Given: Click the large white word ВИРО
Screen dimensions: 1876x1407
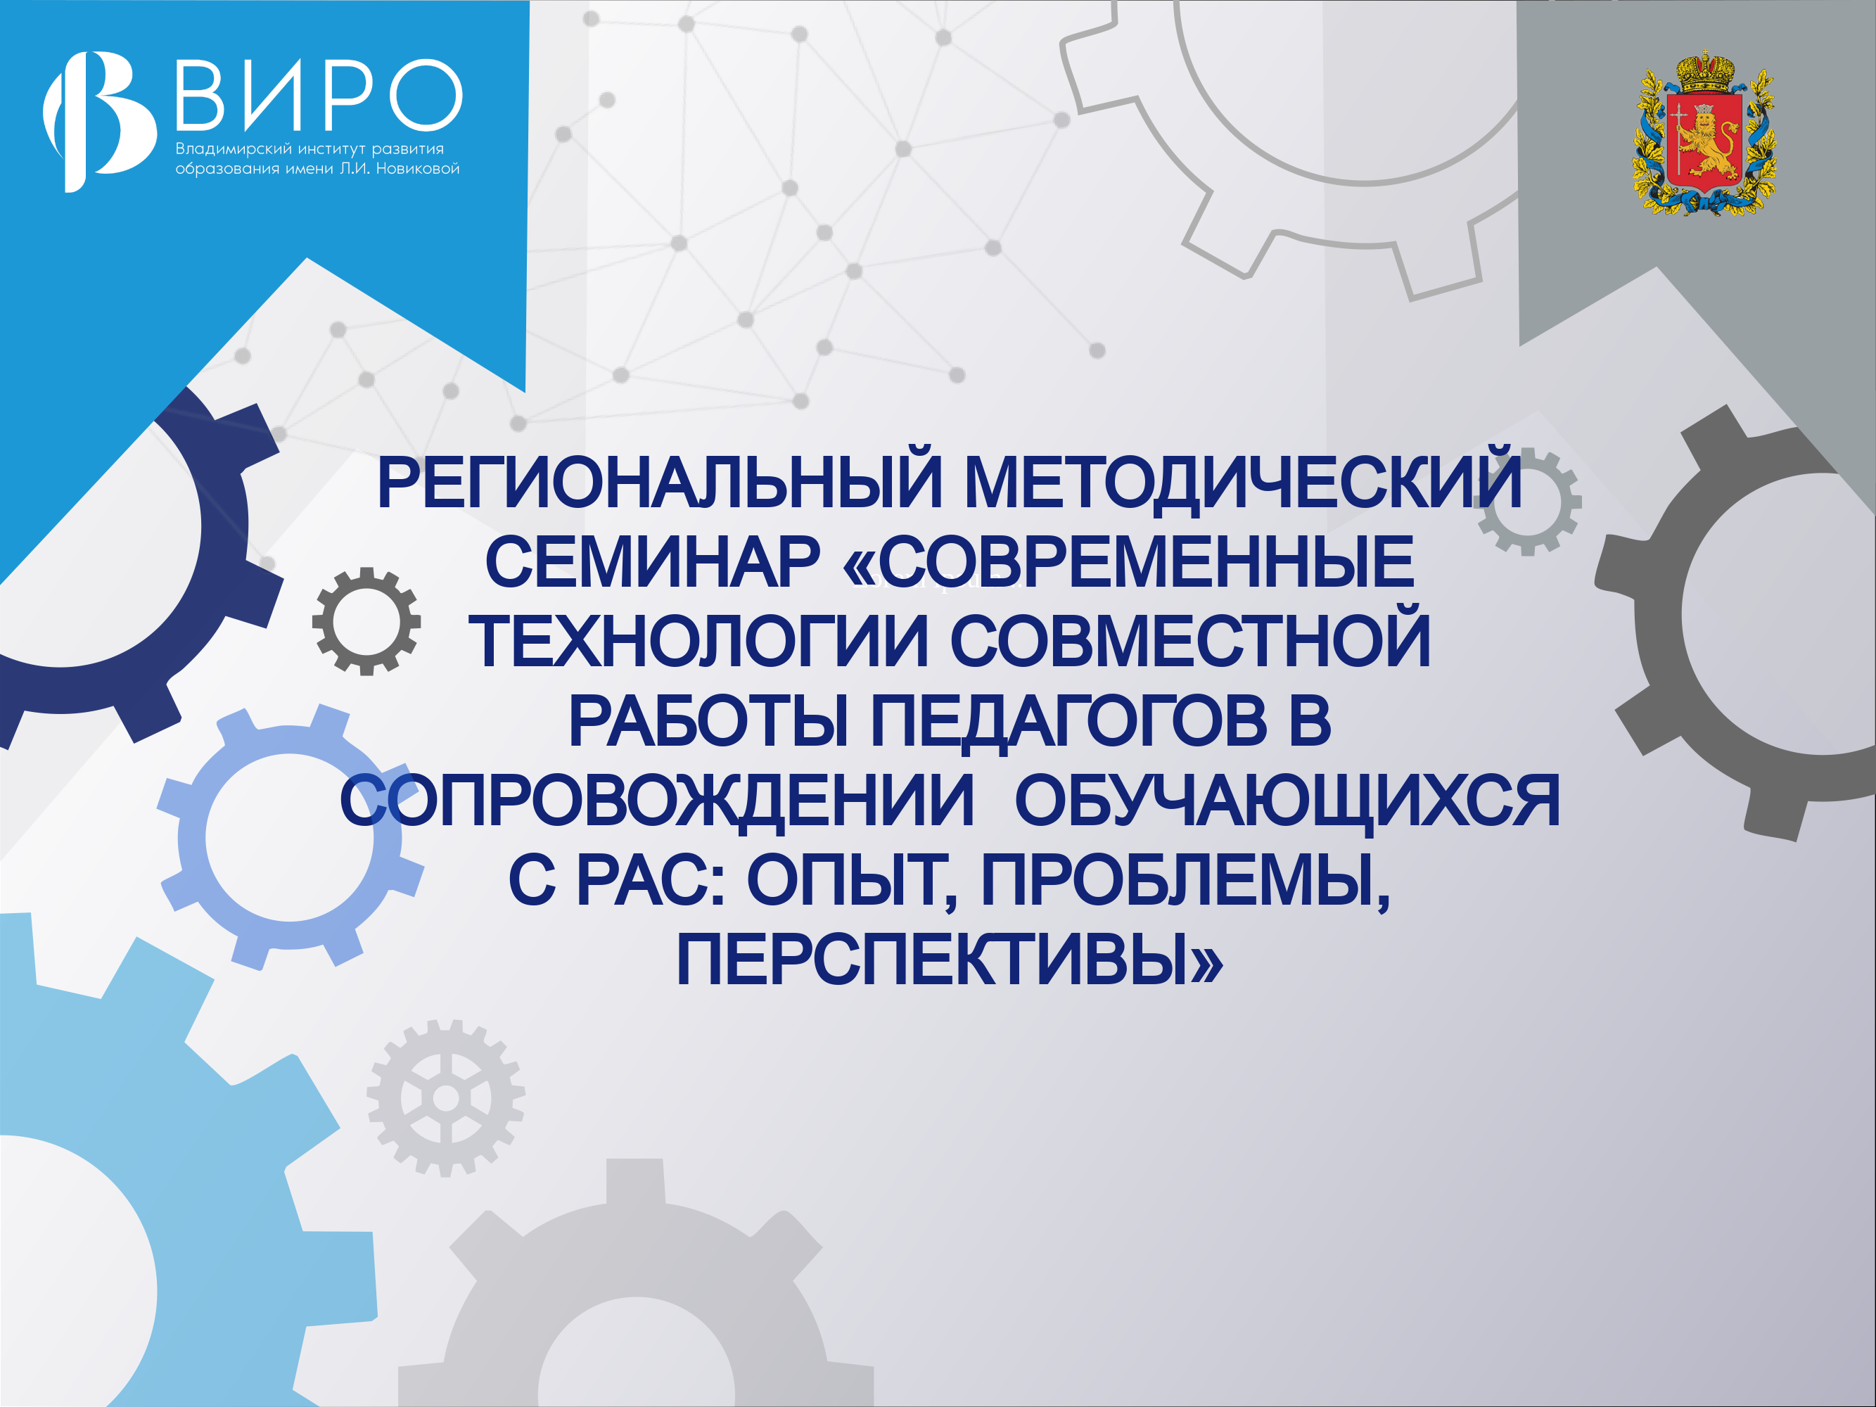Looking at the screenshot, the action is (319, 94).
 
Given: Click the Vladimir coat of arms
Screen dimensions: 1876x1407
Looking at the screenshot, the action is (1704, 133).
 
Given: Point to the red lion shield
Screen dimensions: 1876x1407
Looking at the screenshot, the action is (1704, 140).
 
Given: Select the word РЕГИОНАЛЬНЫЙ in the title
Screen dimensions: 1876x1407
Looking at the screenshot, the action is (660, 483).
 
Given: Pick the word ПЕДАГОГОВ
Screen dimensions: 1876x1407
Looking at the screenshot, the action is (1068, 722).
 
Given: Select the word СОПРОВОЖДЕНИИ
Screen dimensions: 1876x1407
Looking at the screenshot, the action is (657, 801).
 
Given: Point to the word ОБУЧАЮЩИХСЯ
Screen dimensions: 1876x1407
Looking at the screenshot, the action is (1287, 801).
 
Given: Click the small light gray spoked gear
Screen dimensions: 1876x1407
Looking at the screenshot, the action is (446, 1098).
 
